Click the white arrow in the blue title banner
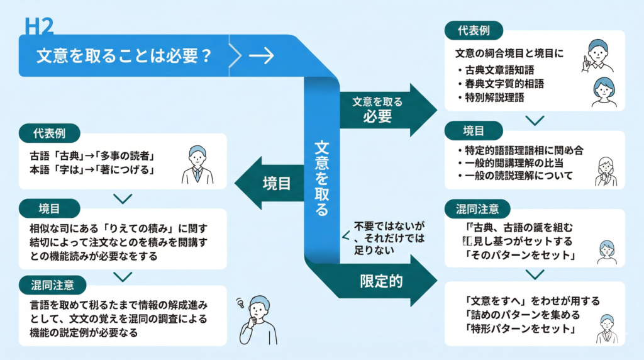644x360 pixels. point(261,55)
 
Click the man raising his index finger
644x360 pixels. point(596,55)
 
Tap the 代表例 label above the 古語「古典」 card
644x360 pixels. point(50,133)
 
